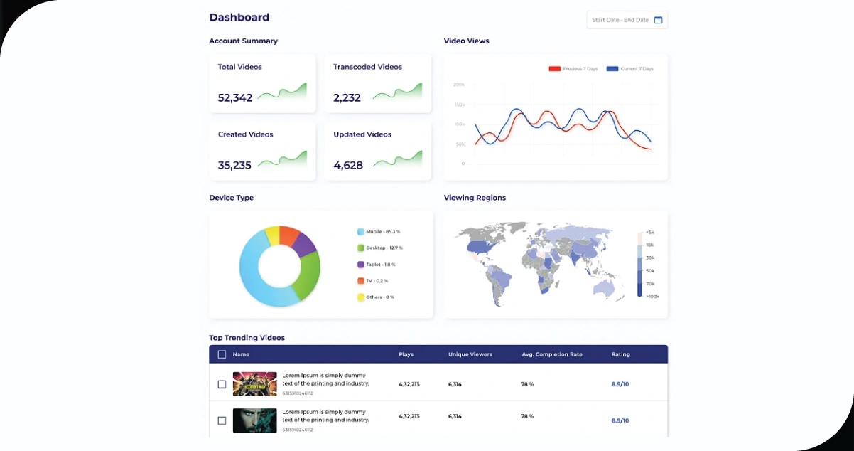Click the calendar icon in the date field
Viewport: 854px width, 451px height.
658,20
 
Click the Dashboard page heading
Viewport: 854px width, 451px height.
239,17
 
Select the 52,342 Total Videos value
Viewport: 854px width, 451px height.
235,98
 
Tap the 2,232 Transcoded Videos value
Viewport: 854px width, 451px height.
347,98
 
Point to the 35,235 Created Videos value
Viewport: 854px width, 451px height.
234,165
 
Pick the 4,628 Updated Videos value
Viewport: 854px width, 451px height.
348,165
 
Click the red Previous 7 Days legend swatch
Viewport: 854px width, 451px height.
555,69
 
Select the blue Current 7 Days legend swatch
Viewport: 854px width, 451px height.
612,69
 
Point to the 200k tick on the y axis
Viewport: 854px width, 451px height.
458,85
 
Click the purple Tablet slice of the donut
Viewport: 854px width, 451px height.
304,244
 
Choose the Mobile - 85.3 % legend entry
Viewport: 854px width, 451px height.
382,232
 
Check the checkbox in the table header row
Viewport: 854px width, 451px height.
222,354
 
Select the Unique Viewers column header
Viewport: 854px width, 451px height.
470,354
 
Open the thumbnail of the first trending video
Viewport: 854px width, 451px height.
254,384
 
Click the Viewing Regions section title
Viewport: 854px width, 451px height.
475,198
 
